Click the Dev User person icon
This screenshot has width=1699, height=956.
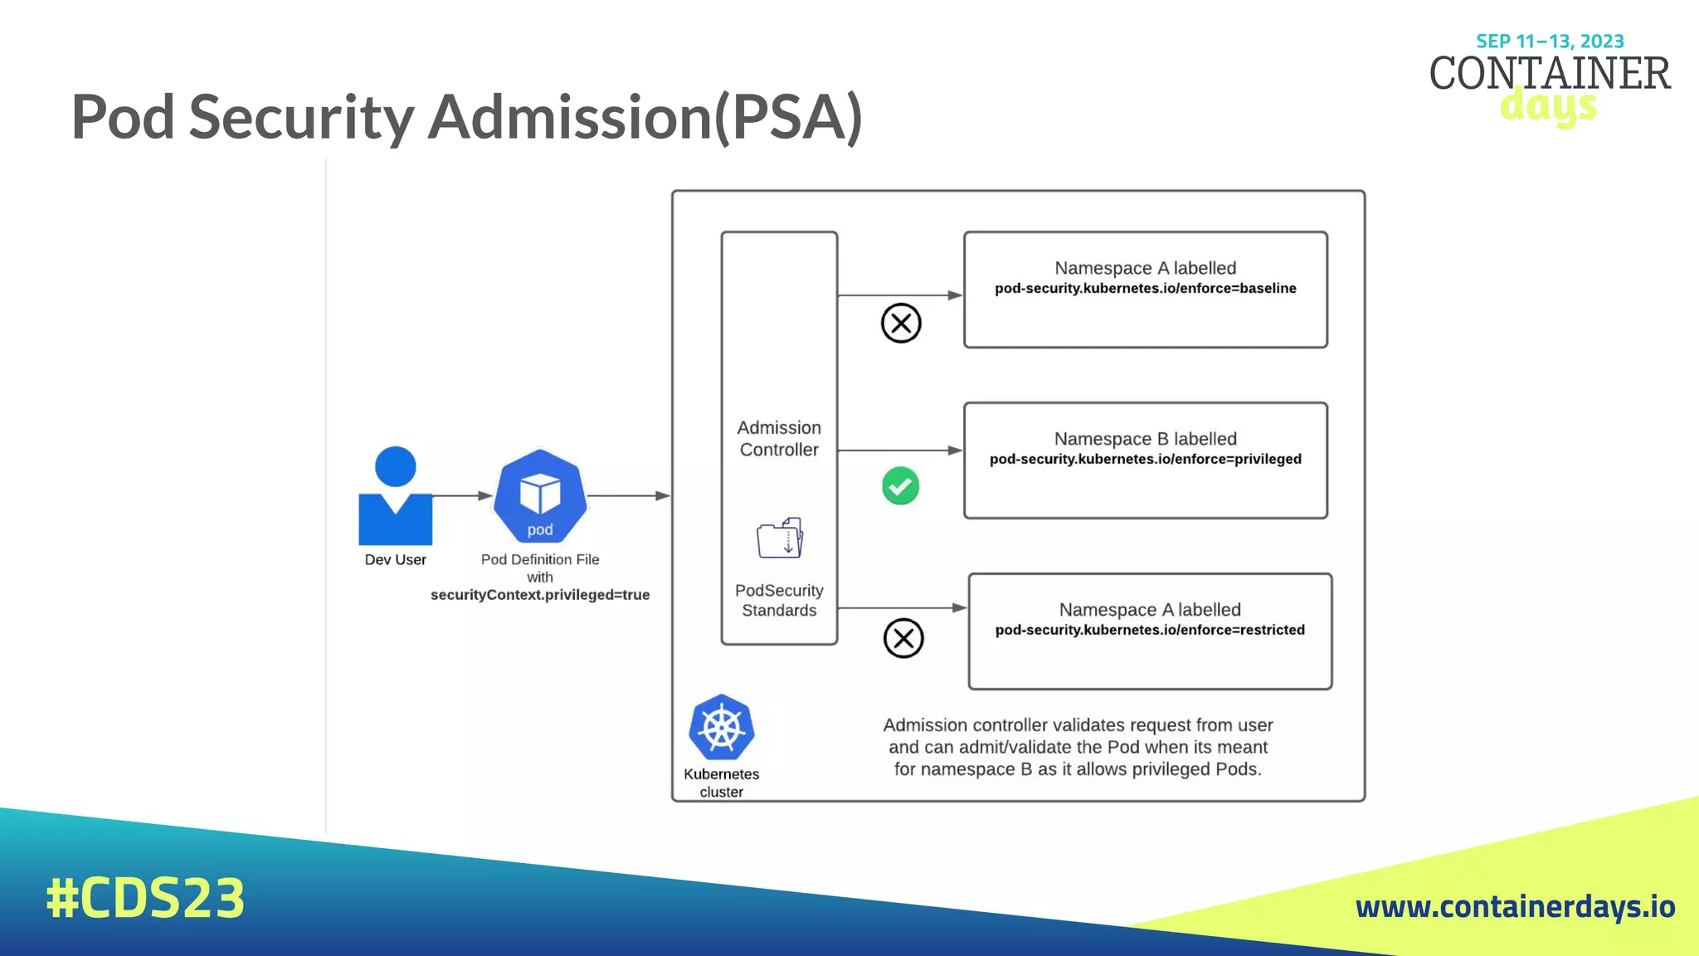(x=395, y=498)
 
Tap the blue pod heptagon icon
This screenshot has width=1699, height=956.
(x=540, y=496)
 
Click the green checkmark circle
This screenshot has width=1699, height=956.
(x=900, y=486)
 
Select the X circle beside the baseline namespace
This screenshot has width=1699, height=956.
(x=901, y=323)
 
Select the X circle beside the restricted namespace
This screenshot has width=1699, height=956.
(x=903, y=638)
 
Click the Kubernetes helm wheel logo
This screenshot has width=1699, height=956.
(x=721, y=728)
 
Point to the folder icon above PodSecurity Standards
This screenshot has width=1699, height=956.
(x=780, y=538)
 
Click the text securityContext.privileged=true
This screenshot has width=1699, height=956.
(x=540, y=595)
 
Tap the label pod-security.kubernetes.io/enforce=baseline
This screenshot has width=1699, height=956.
(x=1145, y=289)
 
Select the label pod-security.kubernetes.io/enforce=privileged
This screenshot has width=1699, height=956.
(x=1145, y=459)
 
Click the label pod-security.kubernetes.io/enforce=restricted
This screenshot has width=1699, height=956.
(x=1150, y=630)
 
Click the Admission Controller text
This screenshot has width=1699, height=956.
(x=779, y=438)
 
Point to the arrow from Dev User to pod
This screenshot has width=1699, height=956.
(x=462, y=495)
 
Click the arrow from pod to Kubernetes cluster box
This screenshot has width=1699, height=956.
(x=628, y=495)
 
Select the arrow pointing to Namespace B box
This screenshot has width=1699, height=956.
(x=900, y=451)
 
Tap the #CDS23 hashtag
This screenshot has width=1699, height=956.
(x=145, y=898)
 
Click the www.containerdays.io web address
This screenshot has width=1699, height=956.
(x=1515, y=906)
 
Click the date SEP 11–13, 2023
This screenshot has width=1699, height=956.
(x=1550, y=41)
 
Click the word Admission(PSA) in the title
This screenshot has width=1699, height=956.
(x=645, y=117)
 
